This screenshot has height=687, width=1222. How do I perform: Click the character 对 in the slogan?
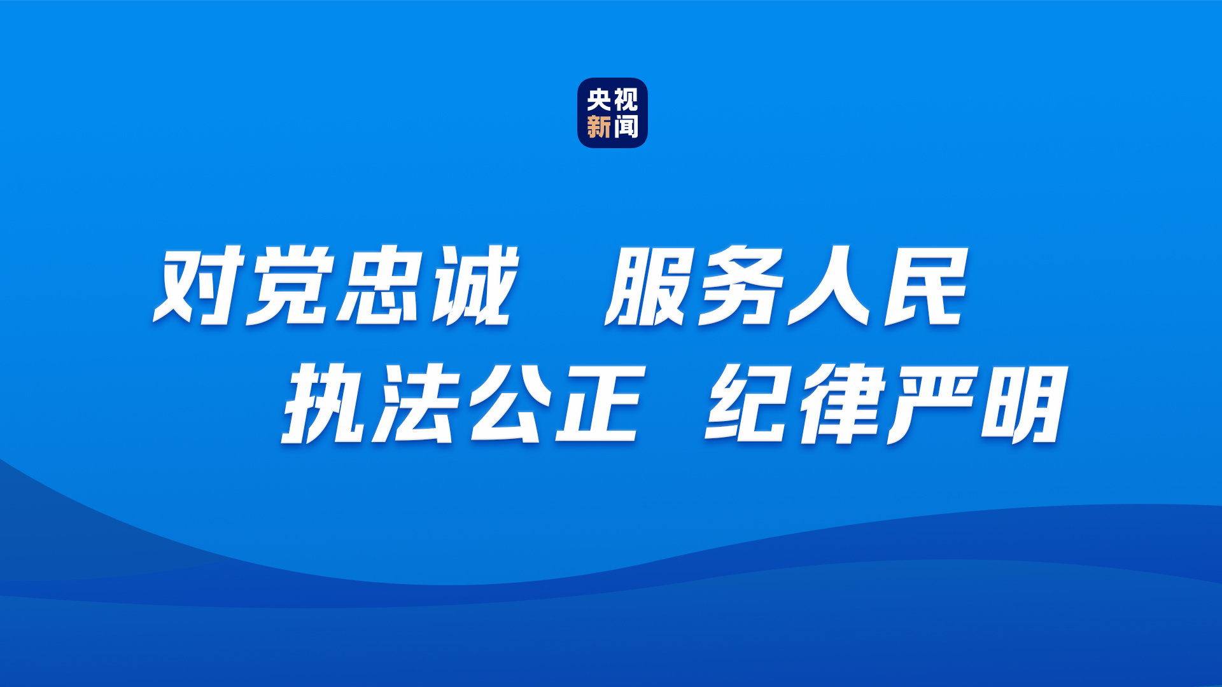pos(199,285)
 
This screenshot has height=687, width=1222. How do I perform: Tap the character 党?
pos(290,285)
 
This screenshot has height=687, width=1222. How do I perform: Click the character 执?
pos(326,403)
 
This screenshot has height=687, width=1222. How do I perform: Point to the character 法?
pos(417,403)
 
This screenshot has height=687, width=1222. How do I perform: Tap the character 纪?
pos(750,403)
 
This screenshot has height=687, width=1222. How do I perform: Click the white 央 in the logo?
pos(599,100)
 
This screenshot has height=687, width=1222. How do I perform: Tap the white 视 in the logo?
pos(626,100)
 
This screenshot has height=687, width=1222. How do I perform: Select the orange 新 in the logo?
pos(599,127)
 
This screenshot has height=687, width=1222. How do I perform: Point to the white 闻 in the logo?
pos(626,127)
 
